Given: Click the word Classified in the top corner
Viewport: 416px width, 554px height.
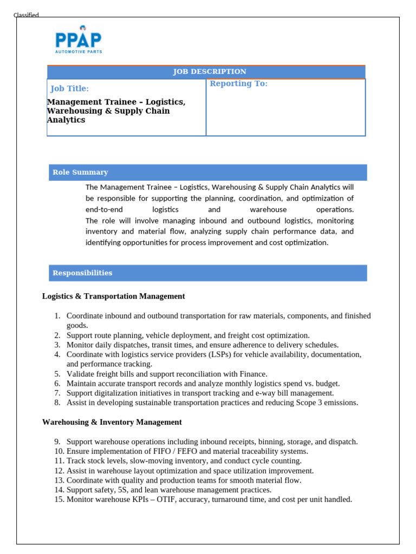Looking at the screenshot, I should coord(26,15).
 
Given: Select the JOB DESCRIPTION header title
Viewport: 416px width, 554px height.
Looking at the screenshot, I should coord(210,71).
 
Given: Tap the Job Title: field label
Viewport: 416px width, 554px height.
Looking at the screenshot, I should coord(70,89).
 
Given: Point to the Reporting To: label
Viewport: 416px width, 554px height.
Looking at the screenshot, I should coord(238,83).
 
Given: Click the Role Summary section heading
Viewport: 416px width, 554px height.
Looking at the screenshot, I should coord(80,172).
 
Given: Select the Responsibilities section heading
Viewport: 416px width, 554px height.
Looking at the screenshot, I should coord(82,273).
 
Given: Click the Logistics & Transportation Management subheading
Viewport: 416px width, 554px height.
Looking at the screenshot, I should coord(113,296).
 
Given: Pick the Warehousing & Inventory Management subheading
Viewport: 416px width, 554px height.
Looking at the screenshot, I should coord(112,421).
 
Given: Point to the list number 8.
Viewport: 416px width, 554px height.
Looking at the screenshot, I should coord(57,403).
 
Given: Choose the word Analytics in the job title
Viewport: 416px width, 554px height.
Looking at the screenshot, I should coord(66,120).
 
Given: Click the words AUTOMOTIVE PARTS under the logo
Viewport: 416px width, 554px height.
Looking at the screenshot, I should coord(79,52).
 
